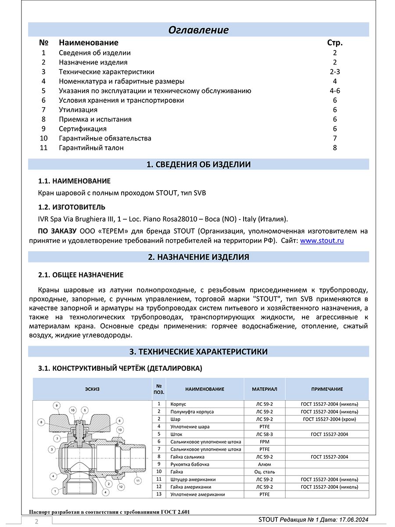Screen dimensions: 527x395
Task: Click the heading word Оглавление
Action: [199, 30]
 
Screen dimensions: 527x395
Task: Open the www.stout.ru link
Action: [322, 241]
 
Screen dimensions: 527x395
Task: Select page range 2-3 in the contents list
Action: [335, 72]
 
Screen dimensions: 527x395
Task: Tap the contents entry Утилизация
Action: [78, 110]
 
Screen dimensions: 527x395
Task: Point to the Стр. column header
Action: [335, 43]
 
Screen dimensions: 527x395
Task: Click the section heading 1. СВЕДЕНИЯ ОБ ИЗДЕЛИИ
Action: [199, 165]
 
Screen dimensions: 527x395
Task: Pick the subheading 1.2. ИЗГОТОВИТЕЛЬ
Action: [72, 207]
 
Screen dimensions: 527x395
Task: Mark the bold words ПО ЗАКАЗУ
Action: [57, 231]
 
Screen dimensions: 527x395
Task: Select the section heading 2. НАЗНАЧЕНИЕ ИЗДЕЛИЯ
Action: [199, 257]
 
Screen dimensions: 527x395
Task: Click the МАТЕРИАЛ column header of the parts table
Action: [265, 389]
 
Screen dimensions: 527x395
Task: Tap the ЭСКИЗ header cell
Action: [92, 389]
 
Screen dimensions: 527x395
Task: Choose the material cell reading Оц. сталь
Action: [265, 472]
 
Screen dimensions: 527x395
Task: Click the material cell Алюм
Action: [265, 464]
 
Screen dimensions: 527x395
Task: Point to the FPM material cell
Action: [265, 441]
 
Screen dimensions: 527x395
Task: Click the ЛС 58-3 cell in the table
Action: [265, 434]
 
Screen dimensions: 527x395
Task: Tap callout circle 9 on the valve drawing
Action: [56, 404]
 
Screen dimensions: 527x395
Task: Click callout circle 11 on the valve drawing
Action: [138, 481]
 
